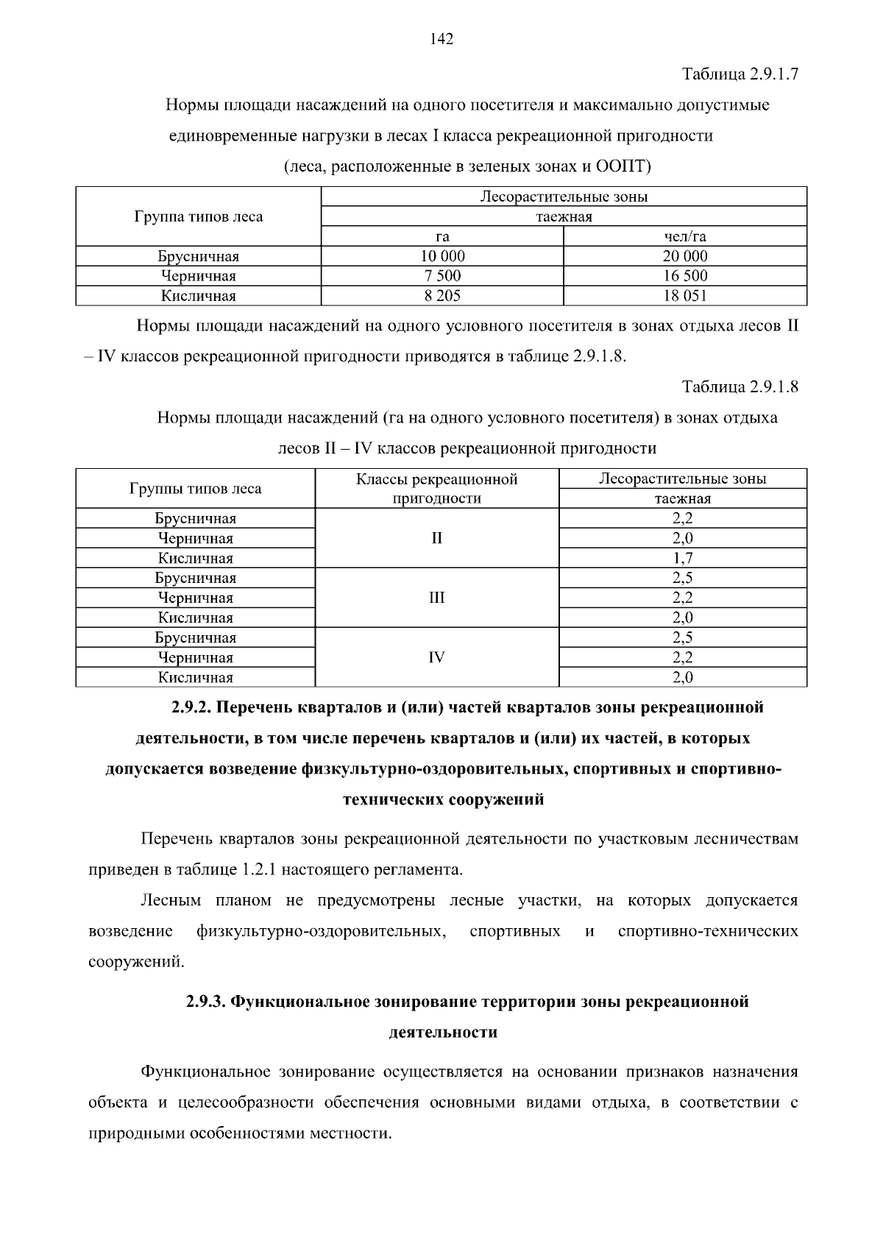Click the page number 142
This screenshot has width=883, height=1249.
pos(441,40)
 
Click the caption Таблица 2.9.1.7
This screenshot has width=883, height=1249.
pos(740,74)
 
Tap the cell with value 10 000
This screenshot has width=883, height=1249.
pos(442,256)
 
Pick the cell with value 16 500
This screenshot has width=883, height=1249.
pos(684,276)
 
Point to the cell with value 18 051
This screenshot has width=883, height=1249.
pos(684,296)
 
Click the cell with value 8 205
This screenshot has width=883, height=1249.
pos(442,296)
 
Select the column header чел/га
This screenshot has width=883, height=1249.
pos(684,236)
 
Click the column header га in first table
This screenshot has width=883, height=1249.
pos(442,236)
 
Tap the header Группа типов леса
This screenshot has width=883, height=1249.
pos(198,216)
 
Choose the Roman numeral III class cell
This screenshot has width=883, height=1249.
pos(436,598)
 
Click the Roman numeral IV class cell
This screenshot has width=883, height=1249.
pos(436,657)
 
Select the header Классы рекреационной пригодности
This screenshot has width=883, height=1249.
pos(436,489)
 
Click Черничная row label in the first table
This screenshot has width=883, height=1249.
pos(198,276)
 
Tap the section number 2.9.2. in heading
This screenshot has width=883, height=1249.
pos(193,707)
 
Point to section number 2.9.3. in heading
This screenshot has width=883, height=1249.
pos(207,1002)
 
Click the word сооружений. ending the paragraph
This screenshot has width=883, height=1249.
pos(135,962)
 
